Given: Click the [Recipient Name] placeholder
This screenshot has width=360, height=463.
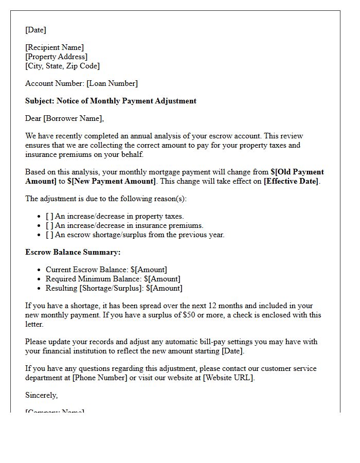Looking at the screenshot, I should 55,47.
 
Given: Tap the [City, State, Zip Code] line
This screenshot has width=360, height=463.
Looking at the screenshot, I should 62,66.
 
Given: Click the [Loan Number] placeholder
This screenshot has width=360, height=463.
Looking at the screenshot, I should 112,83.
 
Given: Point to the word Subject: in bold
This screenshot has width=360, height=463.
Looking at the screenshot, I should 40,101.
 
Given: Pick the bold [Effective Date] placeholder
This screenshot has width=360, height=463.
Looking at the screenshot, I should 291,181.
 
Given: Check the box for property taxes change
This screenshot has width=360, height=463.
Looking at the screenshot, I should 49,216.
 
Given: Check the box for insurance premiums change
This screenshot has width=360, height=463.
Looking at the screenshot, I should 49,225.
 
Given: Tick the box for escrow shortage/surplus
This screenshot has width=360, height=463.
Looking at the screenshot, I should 49,235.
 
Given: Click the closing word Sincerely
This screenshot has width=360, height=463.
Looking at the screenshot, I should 41,395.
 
